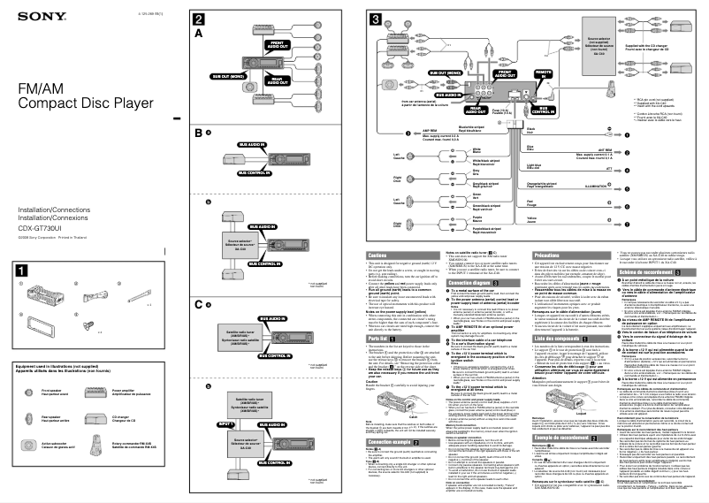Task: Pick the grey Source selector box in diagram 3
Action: click(598, 46)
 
